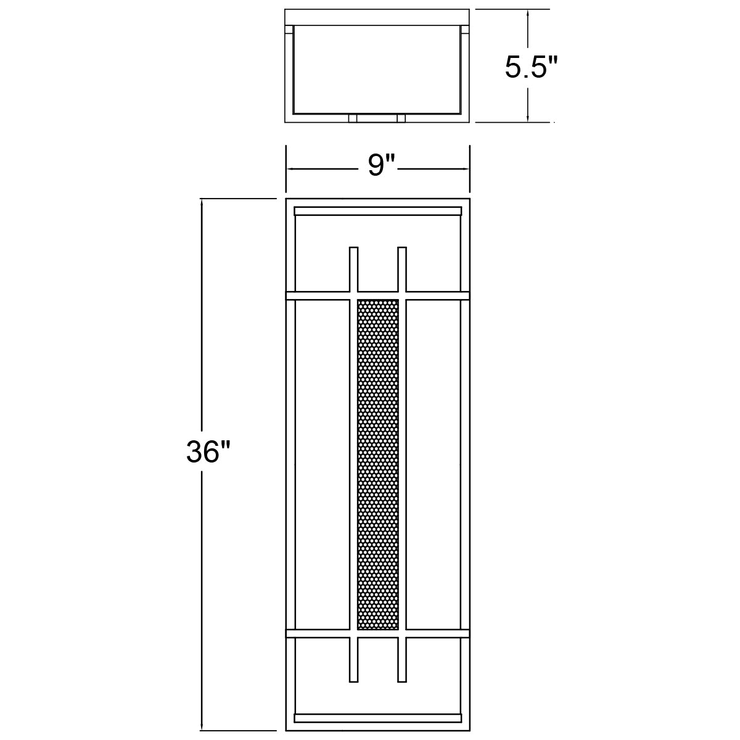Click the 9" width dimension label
(x=381, y=166)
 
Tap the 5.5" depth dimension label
(x=531, y=67)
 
